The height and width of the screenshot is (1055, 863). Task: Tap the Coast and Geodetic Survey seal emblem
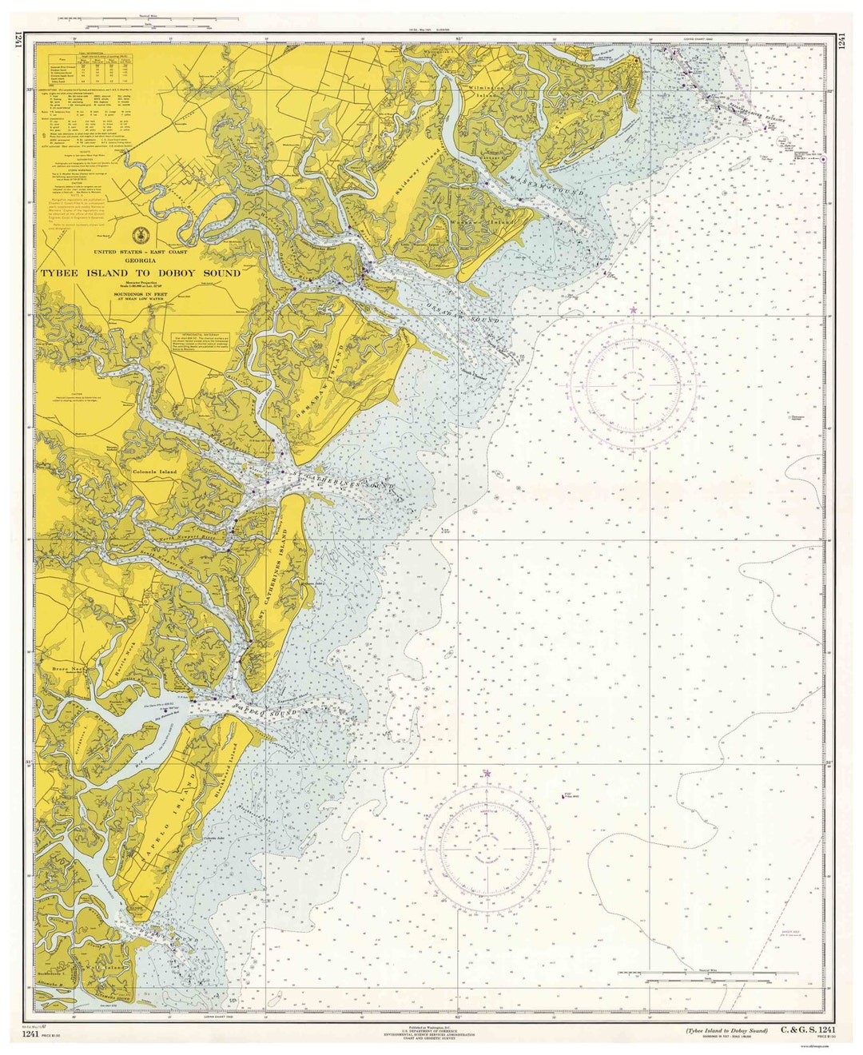click(141, 234)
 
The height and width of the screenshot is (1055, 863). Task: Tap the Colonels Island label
click(154, 471)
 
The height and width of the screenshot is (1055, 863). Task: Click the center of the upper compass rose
click(633, 383)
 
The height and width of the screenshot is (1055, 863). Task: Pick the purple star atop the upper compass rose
click(634, 309)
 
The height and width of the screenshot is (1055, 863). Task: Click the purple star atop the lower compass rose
click(487, 773)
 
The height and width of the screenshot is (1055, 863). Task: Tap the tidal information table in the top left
click(89, 70)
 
